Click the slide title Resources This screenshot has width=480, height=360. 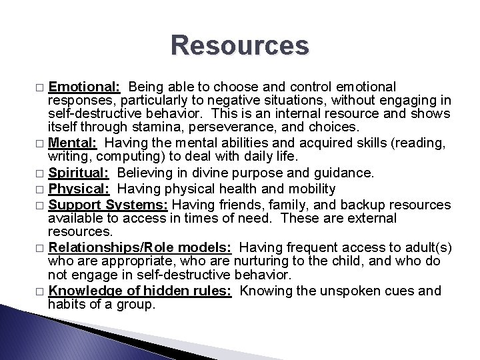240,47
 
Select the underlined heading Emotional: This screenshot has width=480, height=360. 84,87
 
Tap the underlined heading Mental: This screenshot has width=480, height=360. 73,141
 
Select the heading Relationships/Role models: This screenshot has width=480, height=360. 140,247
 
